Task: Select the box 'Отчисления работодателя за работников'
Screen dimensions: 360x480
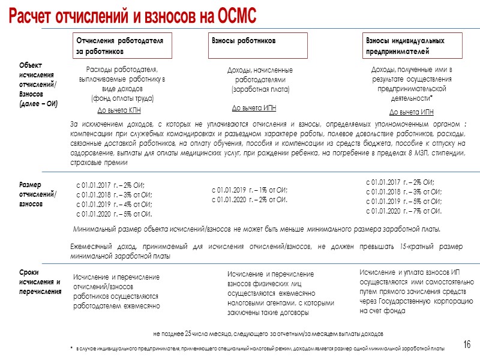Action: pos(122,46)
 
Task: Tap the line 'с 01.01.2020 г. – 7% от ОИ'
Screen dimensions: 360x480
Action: pos(404,211)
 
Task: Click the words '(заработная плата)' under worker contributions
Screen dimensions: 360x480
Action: pos(260,89)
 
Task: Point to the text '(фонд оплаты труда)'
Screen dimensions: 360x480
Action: pos(122,98)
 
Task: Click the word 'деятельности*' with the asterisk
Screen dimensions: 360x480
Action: pos(412,98)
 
